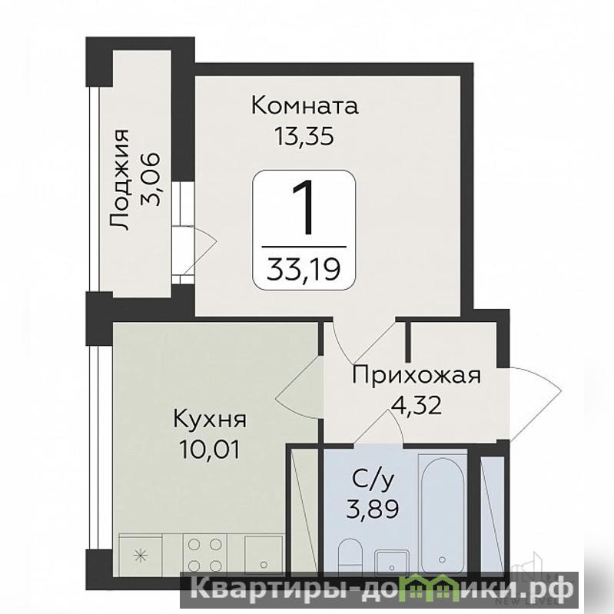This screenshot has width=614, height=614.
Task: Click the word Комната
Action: click(x=304, y=105)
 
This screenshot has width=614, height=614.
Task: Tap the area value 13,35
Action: click(x=304, y=136)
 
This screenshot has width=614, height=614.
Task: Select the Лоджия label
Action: click(x=119, y=180)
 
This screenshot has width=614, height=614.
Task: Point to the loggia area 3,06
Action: click(x=150, y=179)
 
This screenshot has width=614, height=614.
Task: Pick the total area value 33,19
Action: click(x=304, y=270)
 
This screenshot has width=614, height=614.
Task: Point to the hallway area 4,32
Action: click(x=417, y=405)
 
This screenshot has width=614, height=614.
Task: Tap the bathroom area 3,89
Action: click(x=373, y=509)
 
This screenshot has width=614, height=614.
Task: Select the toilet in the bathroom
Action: click(x=351, y=556)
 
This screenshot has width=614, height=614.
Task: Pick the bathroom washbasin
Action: click(x=392, y=563)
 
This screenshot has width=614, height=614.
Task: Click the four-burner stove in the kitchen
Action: click(x=205, y=555)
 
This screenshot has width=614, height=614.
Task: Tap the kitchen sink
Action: click(x=264, y=556)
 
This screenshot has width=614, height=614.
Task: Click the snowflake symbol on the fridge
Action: click(x=140, y=555)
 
